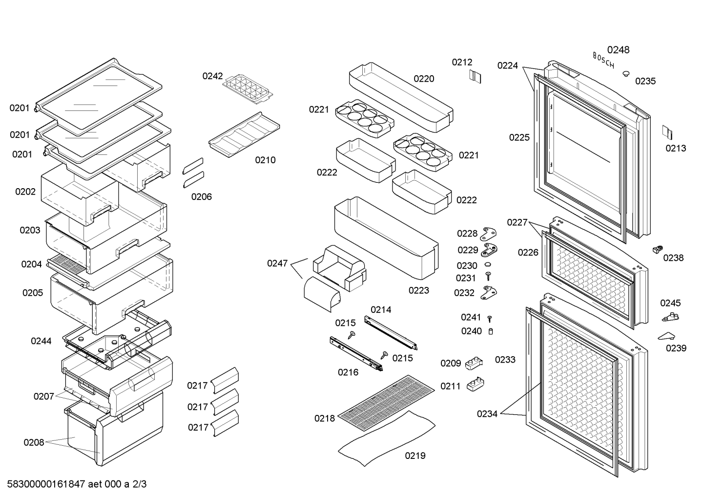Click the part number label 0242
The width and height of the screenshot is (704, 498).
[212, 76]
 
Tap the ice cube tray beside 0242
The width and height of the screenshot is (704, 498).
[248, 89]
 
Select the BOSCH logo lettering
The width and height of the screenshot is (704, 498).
[603, 60]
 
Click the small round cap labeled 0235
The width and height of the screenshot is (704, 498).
[626, 74]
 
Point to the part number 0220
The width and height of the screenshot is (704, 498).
[424, 79]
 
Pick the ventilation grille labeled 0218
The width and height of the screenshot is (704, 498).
[386, 403]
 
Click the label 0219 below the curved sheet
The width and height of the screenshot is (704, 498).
[415, 455]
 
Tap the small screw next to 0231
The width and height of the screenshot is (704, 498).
[488, 276]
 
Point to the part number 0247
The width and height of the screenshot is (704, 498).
[277, 263]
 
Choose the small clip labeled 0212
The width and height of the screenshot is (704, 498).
[475, 76]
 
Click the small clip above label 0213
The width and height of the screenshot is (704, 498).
[667, 132]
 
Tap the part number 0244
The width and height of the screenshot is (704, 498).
[41, 341]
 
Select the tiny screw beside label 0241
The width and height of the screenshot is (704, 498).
[489, 319]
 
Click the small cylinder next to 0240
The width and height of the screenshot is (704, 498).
[491, 331]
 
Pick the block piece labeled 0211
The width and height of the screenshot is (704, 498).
[475, 384]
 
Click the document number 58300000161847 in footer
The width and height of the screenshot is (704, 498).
[46, 484]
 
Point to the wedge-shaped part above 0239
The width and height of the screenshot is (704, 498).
[667, 336]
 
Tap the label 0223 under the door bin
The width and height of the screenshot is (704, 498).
[419, 290]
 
